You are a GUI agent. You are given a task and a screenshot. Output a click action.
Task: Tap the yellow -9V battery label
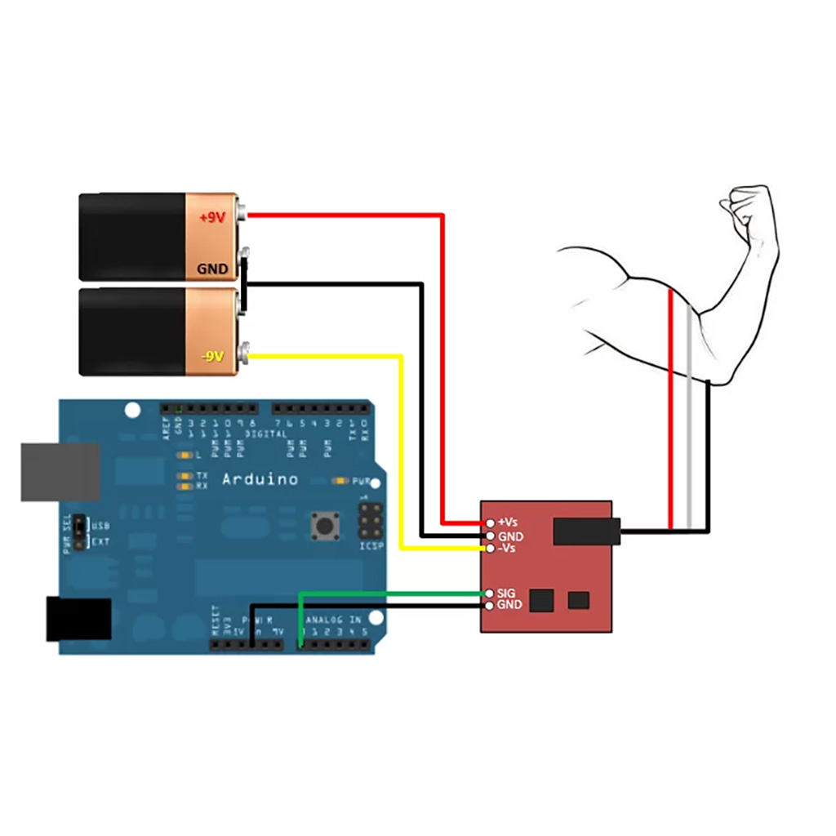pos(212,357)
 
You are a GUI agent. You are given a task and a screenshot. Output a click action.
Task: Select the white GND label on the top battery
pos(212,268)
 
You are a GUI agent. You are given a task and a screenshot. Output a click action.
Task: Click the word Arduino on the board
pos(260,479)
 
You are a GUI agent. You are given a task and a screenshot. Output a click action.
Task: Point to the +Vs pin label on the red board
pos(507,522)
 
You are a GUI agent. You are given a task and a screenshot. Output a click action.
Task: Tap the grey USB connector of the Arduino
pos(60,472)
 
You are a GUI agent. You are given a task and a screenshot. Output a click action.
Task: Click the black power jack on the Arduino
pos(78,618)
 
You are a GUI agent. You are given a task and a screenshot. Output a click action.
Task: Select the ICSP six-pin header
pos(371,518)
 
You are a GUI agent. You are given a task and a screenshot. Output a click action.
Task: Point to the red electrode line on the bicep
pos(670,408)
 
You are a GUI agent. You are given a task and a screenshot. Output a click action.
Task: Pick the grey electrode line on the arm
pos(690,416)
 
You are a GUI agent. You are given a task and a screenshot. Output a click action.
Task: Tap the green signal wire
pos(392,592)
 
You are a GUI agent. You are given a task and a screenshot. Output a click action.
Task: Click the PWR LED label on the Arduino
pos(361,481)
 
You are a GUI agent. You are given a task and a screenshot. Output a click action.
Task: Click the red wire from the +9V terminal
pos(442,367)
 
